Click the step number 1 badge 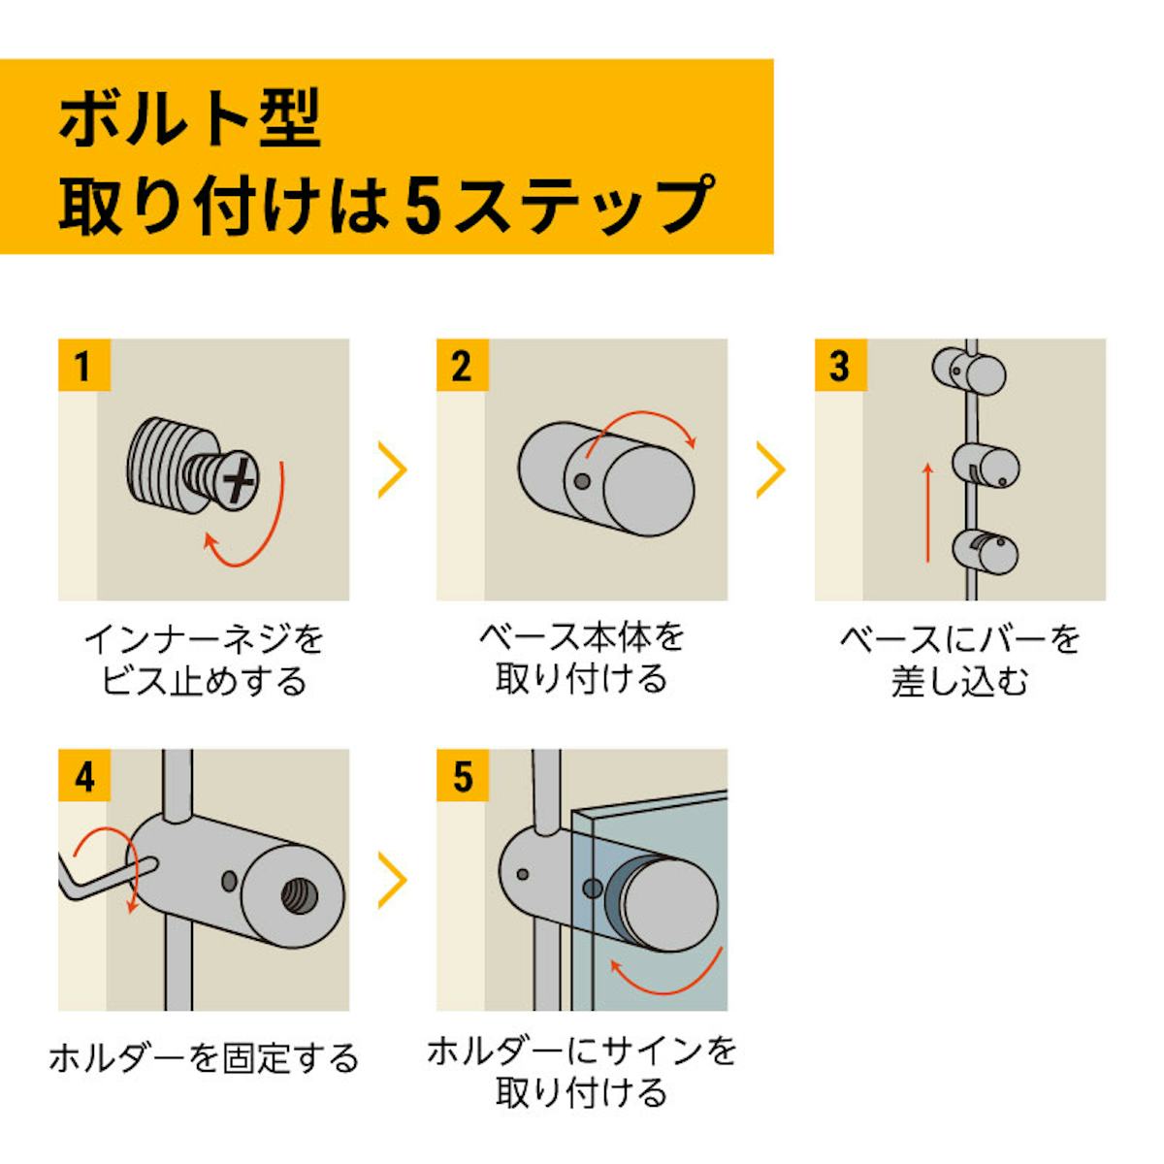coord(82,367)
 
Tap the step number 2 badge coord(461,367)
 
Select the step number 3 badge coord(839,367)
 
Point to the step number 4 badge coord(84,776)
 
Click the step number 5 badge coord(463,776)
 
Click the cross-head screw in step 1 coord(237,480)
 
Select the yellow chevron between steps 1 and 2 coord(392,469)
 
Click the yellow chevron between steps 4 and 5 coord(392,881)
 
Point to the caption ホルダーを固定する coord(204,1057)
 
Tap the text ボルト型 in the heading coord(190,120)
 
